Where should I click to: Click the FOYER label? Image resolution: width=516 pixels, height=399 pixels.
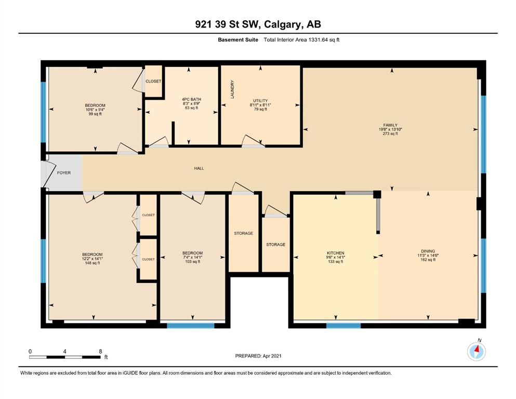point(64,172)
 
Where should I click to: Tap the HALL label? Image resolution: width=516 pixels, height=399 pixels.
point(199,168)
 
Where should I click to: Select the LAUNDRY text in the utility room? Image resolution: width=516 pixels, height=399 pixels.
point(232,89)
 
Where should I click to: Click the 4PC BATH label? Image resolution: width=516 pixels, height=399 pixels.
point(191,99)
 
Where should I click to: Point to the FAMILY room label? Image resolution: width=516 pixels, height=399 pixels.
point(390,125)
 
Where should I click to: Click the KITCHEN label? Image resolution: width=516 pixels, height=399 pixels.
point(335,253)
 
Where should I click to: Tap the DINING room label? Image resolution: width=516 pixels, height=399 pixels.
point(428,251)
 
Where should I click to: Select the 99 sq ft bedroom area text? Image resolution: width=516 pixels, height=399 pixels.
point(95,114)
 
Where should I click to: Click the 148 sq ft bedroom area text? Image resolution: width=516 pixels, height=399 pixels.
point(92,263)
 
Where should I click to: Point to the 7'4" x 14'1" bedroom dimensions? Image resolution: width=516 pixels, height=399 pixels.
point(192,257)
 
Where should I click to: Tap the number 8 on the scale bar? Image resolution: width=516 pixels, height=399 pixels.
point(100,351)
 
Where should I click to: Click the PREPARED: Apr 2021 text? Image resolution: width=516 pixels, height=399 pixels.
point(258,356)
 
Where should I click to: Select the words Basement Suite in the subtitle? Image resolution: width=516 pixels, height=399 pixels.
point(238,40)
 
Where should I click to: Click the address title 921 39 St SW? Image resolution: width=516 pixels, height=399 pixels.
point(228,24)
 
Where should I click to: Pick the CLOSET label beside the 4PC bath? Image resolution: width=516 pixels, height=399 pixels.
point(153,81)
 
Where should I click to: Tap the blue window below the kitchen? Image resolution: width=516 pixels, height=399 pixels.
point(343,326)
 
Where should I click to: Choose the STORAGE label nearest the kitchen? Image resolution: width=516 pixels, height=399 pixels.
point(276,245)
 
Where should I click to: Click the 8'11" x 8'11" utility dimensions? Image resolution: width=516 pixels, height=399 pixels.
point(260,105)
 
